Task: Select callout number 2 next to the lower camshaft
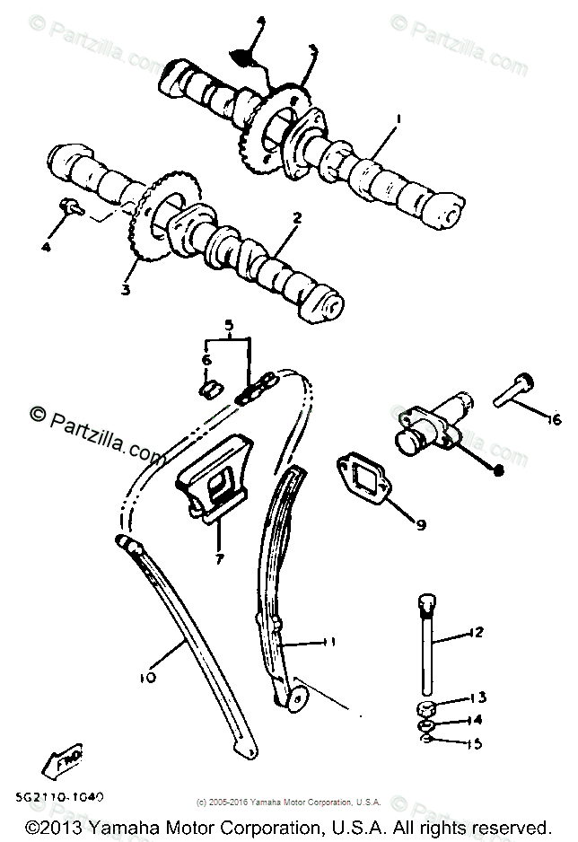(297, 217)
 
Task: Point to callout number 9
(420, 523)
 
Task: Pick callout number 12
(477, 632)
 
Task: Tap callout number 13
(478, 697)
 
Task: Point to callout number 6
(205, 359)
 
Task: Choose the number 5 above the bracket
(228, 324)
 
